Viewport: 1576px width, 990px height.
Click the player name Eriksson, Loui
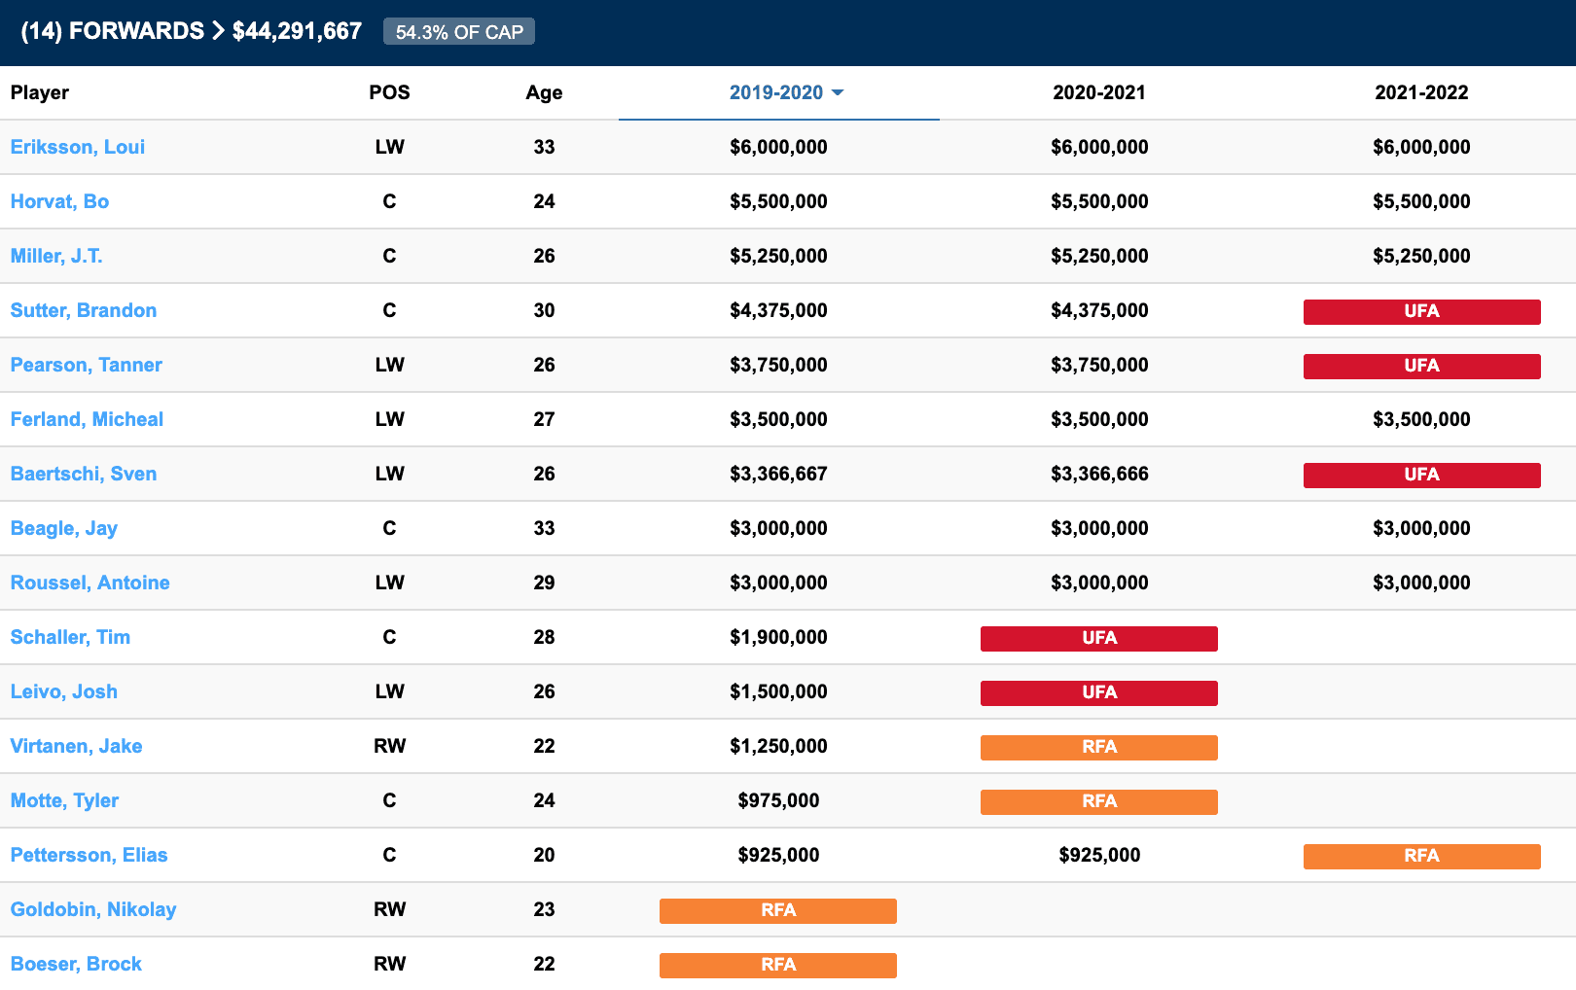pos(78,147)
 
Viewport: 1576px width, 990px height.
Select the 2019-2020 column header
pos(776,92)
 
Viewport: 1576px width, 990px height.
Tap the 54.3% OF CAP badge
pos(459,32)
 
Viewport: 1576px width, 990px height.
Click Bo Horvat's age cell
pos(544,201)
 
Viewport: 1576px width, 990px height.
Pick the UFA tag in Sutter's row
pos(1421,311)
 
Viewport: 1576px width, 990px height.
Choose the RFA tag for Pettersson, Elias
pos(1421,856)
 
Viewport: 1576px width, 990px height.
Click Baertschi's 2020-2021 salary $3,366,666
pos(1099,474)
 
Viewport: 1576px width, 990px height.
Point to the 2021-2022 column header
pos(1421,92)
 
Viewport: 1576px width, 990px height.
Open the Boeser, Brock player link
pos(76,964)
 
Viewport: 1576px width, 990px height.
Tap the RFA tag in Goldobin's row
pos(778,910)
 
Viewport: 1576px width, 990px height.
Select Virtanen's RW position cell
pos(389,746)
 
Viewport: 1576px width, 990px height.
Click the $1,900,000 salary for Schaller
pos(778,637)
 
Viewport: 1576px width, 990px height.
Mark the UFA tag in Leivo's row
pos(1099,692)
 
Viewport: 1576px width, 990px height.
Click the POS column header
pos(389,92)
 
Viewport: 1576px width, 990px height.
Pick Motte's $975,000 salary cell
pos(778,800)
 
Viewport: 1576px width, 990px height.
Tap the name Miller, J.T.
pos(56,256)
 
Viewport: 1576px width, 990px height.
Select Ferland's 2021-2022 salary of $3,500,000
pos(1421,419)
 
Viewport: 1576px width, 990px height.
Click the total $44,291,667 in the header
pos(297,31)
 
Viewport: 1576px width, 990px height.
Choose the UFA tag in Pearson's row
pos(1421,366)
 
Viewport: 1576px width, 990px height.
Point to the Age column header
pos(544,92)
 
